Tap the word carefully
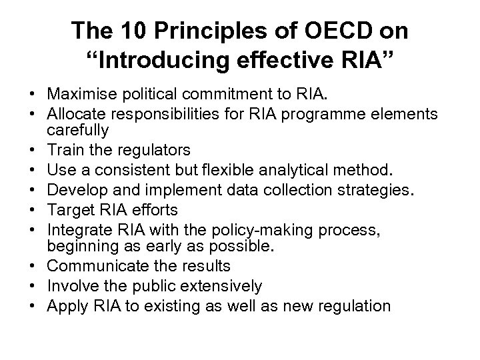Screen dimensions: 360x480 (x=72, y=129)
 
